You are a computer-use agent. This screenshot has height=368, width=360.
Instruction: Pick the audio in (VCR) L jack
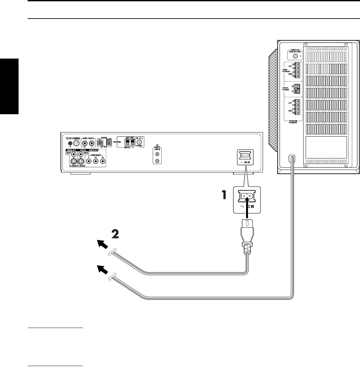pos(91,143)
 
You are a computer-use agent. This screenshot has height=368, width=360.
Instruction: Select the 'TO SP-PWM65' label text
pos(72,138)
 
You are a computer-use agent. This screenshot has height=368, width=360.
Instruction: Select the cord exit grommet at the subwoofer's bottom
pos(292,158)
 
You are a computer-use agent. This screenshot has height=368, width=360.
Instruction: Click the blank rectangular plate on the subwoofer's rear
pos(326,147)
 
